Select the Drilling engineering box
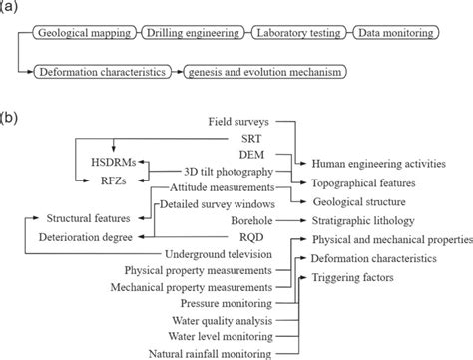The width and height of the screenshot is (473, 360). click(192, 33)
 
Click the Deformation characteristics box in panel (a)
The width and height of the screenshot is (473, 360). click(100, 71)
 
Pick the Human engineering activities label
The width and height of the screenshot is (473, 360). click(377, 161)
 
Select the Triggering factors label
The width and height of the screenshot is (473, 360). click(351, 276)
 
